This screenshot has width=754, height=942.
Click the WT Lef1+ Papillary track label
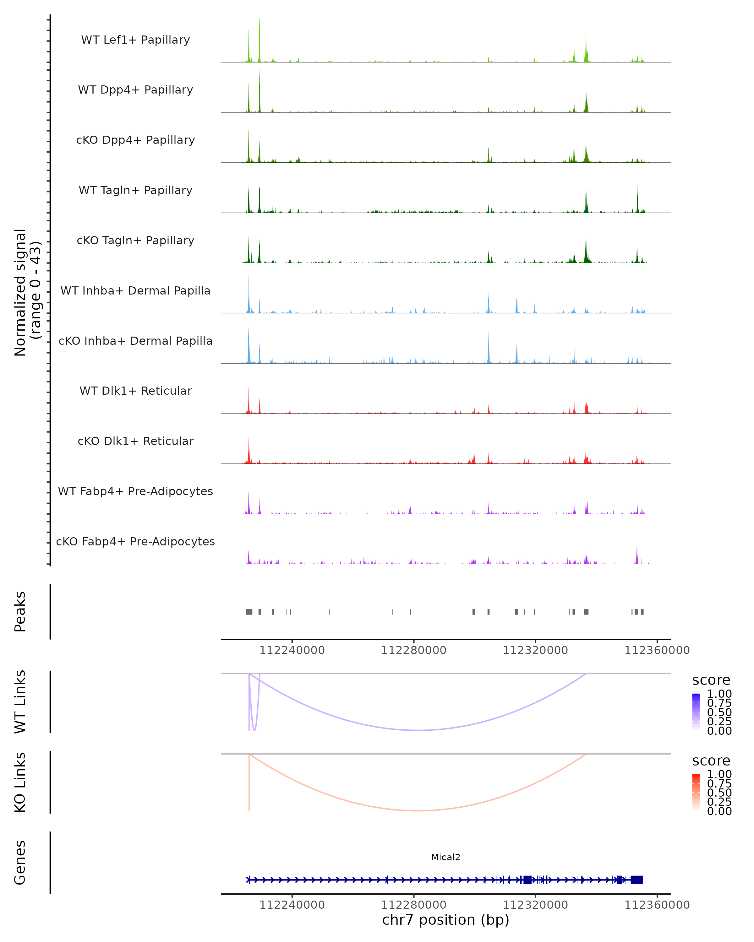(135, 40)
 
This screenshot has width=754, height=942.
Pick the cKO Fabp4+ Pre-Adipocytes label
(135, 541)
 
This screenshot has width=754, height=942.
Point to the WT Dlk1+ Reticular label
(135, 391)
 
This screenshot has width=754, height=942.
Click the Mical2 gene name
(445, 857)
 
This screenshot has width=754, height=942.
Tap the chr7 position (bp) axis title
(445, 920)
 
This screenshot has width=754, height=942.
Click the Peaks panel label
(20, 611)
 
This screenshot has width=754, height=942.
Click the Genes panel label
(20, 863)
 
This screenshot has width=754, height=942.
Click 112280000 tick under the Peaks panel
(413, 650)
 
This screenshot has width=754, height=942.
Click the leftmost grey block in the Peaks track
(249, 612)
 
